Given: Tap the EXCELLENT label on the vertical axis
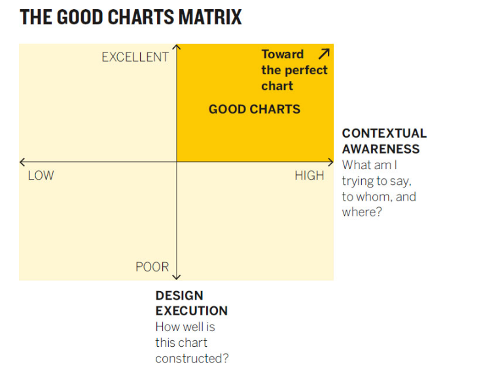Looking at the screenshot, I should [x=135, y=57].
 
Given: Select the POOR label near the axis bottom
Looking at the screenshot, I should [x=152, y=267].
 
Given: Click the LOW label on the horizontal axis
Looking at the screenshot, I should [x=41, y=176].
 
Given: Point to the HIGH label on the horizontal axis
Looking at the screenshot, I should [x=309, y=176].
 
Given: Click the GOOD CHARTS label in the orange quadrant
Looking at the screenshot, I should [x=254, y=109].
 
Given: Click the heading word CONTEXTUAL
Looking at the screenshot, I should [x=384, y=133].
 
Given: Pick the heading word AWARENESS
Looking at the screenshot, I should [x=381, y=149].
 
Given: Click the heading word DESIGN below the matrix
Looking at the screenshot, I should [x=179, y=296].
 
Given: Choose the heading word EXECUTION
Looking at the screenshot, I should [x=192, y=311].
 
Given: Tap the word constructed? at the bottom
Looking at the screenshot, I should [x=192, y=358].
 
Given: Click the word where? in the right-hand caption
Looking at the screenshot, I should [x=361, y=212].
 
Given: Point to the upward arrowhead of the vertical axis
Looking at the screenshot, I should [x=177, y=47].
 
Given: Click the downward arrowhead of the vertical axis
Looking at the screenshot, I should [x=177, y=277].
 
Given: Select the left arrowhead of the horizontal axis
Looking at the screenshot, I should [x=22, y=162].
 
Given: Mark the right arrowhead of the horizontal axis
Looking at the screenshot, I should [x=331, y=162].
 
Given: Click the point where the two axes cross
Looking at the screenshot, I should [x=177, y=162].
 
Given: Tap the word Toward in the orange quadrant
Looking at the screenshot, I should [x=283, y=54].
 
